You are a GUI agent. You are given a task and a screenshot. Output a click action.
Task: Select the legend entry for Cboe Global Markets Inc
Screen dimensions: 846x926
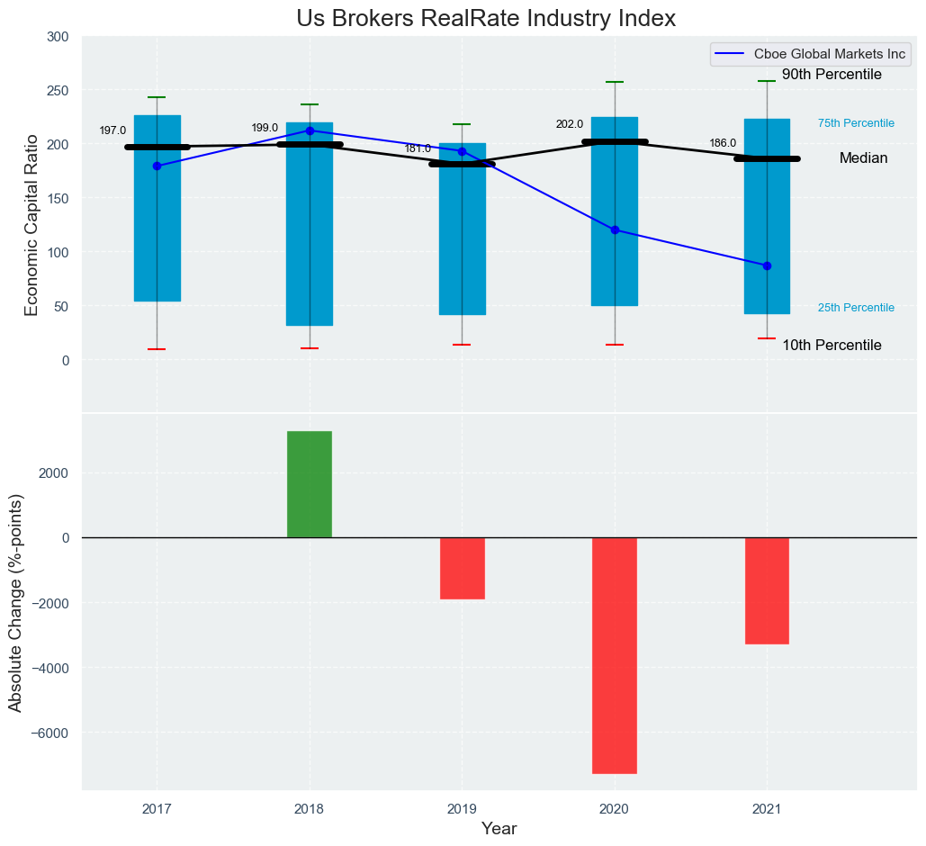[x=810, y=54]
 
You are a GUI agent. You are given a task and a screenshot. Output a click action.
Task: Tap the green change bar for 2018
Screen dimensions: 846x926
[x=310, y=484]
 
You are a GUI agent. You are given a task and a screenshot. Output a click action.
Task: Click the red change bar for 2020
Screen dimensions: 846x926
[x=615, y=655]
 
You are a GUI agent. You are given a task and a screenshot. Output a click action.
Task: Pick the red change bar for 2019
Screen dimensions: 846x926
[x=463, y=568]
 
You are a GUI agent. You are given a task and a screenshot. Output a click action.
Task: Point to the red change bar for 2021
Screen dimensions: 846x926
[x=767, y=590]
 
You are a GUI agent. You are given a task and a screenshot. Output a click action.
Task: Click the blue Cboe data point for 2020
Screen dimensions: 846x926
[x=615, y=229]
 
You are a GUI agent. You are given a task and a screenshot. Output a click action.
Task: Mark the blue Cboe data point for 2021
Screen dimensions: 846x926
[x=767, y=265]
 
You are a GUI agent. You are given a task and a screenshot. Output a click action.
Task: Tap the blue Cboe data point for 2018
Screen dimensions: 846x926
[x=310, y=130]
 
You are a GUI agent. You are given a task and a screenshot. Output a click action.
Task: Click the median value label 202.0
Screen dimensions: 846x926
[x=570, y=124]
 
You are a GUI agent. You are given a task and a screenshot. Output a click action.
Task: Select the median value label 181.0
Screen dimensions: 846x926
[x=418, y=148]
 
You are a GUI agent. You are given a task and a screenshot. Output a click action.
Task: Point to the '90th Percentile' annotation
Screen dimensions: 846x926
[x=832, y=75]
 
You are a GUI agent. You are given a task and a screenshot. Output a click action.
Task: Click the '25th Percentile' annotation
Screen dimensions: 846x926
[x=856, y=308]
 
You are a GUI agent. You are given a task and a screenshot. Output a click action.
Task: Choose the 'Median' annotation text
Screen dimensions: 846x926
[x=863, y=158]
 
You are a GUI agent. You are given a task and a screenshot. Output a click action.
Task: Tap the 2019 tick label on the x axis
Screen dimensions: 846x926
[x=463, y=809]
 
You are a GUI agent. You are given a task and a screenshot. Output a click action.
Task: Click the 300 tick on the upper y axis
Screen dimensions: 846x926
[x=58, y=37]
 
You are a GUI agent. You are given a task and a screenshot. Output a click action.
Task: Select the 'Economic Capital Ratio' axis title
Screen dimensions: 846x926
[x=32, y=224]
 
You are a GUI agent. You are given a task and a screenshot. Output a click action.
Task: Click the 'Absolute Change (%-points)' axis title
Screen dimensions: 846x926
[x=16, y=602]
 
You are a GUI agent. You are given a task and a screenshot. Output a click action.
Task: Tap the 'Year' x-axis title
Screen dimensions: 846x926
[x=499, y=829]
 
